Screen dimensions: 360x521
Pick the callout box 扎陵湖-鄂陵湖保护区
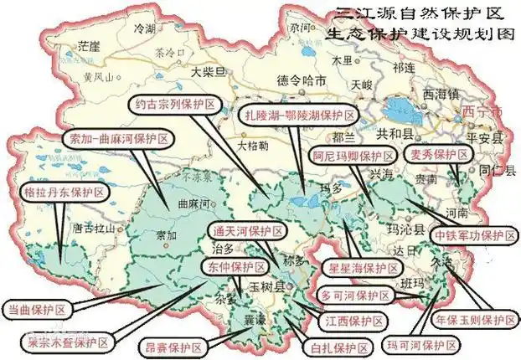coord(298,115)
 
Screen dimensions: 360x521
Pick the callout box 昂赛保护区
coord(167,345)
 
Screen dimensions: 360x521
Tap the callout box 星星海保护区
coord(362,268)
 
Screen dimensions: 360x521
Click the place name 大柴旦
coord(208,72)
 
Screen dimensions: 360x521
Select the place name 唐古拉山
coord(93,226)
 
